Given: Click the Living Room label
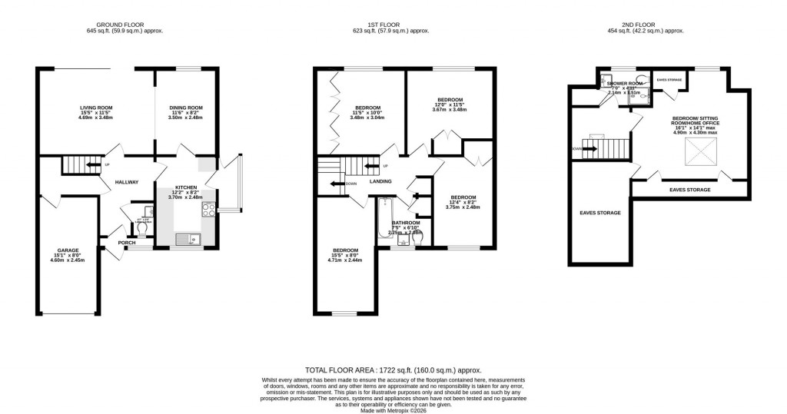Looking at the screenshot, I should coord(96,108).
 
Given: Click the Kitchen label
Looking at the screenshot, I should coord(185,187).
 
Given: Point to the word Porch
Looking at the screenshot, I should coord(126,243).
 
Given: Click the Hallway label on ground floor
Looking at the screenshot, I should coord(126,182).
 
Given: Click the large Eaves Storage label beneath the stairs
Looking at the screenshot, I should coord(599,213).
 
